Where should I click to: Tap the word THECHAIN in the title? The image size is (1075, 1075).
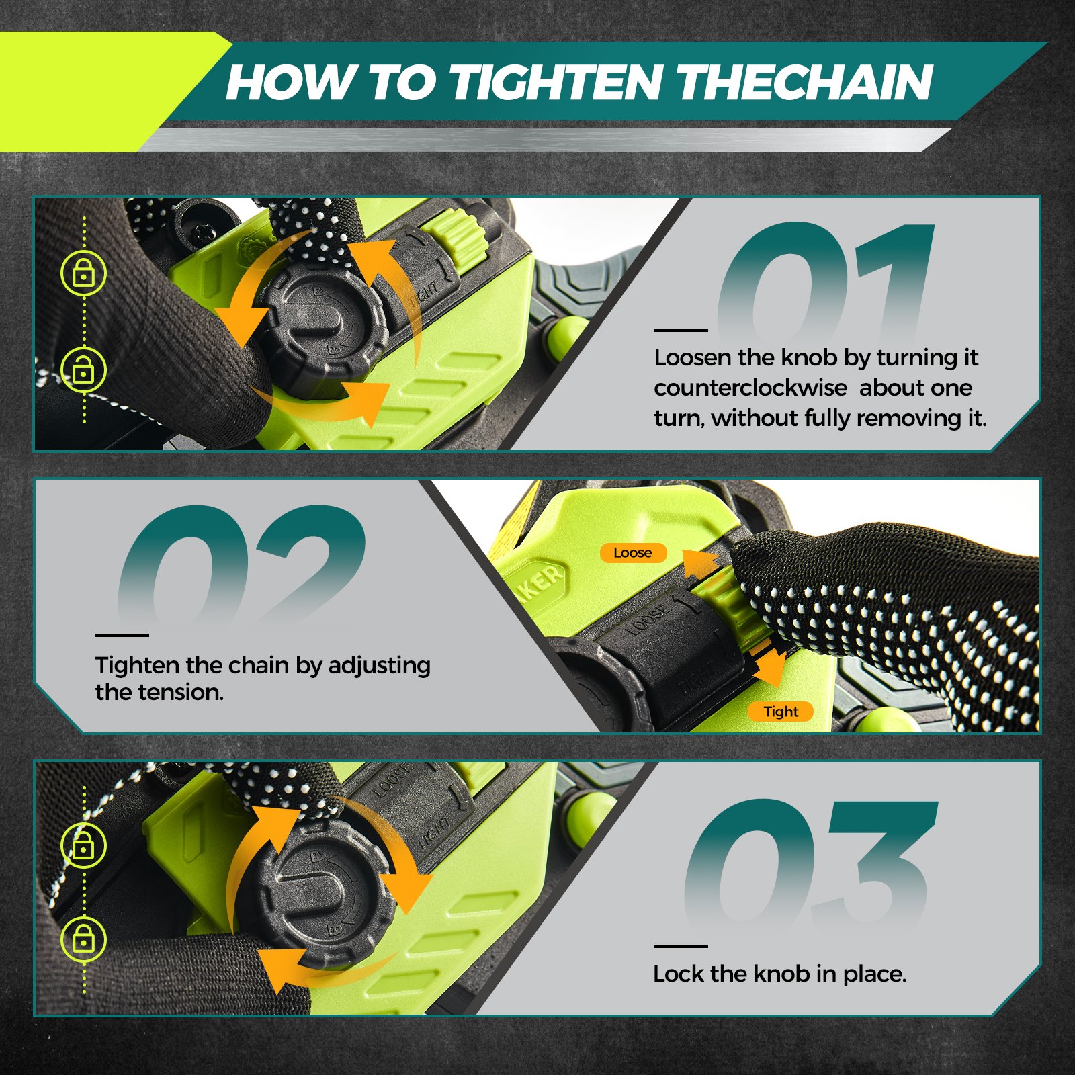[x=805, y=83]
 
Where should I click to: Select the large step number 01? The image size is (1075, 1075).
[x=826, y=282]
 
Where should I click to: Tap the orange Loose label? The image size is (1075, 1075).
[x=633, y=553]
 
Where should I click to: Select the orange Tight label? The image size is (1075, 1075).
[x=781, y=712]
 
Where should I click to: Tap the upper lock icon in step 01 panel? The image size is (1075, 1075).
[x=83, y=273]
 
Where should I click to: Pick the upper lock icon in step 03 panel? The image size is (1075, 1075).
[x=83, y=845]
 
